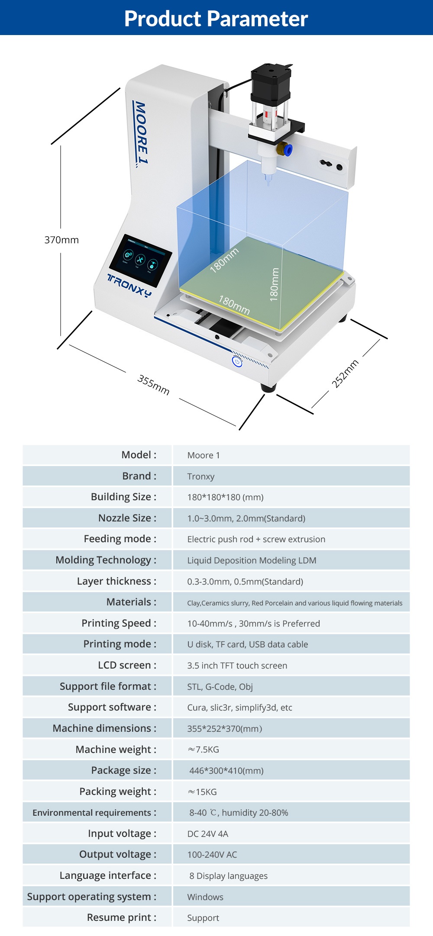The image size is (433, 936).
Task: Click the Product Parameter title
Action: [x=216, y=19]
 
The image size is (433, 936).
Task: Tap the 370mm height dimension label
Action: [x=61, y=240]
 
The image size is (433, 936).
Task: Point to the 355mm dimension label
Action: [x=153, y=385]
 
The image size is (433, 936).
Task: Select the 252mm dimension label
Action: [x=345, y=373]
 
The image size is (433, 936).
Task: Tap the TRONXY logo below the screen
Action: [x=129, y=286]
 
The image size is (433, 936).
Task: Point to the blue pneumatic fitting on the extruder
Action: [x=287, y=150]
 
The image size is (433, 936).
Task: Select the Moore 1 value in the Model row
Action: [x=204, y=455]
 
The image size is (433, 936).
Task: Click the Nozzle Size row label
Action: [x=127, y=518]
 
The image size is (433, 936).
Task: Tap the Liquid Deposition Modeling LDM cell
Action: [x=252, y=560]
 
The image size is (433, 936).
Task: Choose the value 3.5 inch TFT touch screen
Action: [x=237, y=666]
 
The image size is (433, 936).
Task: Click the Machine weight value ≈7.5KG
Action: [x=203, y=749]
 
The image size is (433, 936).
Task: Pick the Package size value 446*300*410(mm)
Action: [x=226, y=771]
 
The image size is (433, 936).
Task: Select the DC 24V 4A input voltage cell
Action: [x=207, y=834]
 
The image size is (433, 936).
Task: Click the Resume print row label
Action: [x=121, y=917]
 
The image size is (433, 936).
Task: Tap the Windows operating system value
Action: [x=205, y=897]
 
